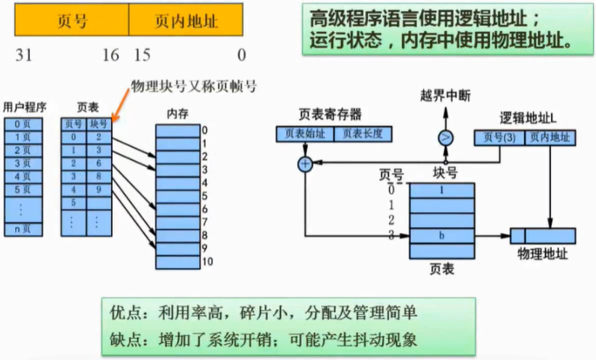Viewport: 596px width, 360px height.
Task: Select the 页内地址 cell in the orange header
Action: [x=186, y=21]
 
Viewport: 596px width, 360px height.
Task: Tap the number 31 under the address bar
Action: [x=24, y=55]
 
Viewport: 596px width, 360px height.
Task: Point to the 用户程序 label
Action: [x=25, y=107]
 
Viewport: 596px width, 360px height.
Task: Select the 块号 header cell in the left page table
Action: [x=99, y=124]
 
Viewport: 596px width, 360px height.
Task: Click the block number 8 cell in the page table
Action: [x=99, y=176]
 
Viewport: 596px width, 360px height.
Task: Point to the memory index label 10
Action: [x=206, y=262]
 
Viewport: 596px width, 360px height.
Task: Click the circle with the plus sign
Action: [x=306, y=164]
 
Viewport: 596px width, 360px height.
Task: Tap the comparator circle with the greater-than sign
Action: [x=445, y=137]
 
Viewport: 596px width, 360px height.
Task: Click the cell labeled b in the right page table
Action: [x=443, y=236]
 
